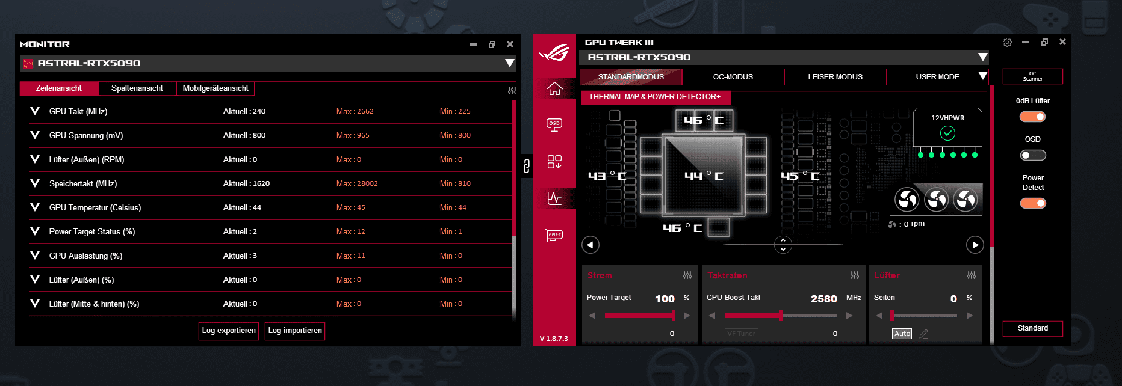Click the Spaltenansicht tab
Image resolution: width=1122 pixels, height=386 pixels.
coord(137,88)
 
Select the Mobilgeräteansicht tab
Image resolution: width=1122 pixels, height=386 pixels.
coord(215,88)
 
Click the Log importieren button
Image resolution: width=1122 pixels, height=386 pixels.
coord(295,331)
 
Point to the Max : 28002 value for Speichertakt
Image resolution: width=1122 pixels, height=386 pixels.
coord(357,183)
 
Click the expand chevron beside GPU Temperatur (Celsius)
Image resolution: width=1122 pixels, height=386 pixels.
coord(35,207)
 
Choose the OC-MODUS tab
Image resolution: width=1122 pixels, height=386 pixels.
coord(733,77)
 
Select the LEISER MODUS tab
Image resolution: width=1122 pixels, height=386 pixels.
coord(835,77)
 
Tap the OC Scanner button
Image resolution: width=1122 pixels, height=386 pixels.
coord(1032,76)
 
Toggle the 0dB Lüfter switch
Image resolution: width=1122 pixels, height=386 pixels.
coord(1033,117)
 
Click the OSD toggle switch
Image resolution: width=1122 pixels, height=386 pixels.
coord(1033,155)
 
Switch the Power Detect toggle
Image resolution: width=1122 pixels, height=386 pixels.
coord(1033,203)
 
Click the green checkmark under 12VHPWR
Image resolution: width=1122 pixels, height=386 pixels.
coord(947,133)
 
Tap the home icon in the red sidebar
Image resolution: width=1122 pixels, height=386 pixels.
coord(554,89)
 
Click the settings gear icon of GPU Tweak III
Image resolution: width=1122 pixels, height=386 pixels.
coord(1007,42)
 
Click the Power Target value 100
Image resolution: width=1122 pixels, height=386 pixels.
coord(665,299)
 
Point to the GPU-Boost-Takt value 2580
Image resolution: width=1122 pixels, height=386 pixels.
coord(823,299)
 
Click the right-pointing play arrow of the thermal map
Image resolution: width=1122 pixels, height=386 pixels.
coord(975,245)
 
